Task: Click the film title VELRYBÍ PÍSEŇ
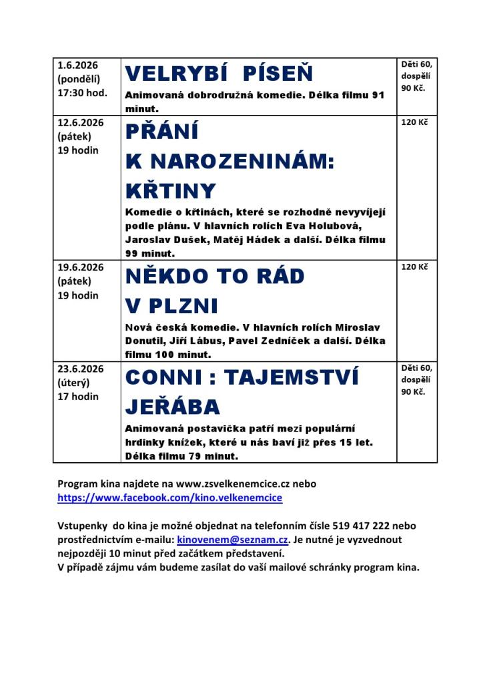pyautogui.click(x=219, y=73)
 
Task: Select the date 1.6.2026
pyautogui.click(x=77, y=65)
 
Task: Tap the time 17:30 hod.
pyautogui.click(x=82, y=93)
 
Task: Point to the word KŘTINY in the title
pyautogui.click(x=171, y=191)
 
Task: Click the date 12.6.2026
pyautogui.click(x=80, y=122)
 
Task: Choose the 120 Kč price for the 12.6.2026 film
pyautogui.click(x=414, y=122)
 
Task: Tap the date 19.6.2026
pyautogui.click(x=80, y=267)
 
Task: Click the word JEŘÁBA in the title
pyautogui.click(x=173, y=407)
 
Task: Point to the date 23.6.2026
pyautogui.click(x=80, y=369)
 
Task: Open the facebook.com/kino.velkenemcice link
pyautogui.click(x=169, y=498)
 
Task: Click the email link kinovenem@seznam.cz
pyautogui.click(x=232, y=540)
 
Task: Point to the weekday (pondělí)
pyautogui.click(x=78, y=79)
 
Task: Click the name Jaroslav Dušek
pyautogui.click(x=165, y=240)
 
